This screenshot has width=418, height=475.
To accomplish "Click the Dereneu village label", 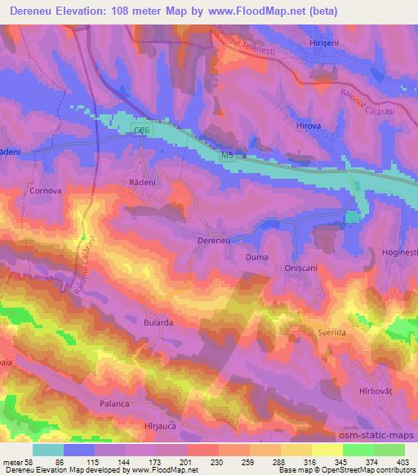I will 215,242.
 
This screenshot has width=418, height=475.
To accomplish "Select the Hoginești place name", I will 399,254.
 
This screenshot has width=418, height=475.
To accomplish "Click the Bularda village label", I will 158,322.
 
